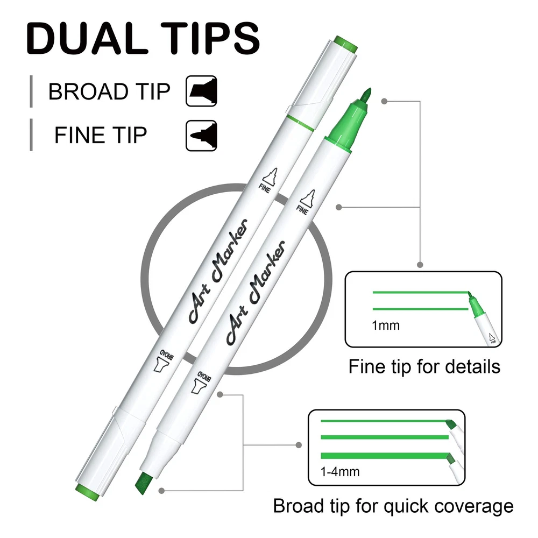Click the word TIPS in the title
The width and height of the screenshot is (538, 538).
(x=210, y=38)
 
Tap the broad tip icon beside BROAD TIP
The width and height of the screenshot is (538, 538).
(x=201, y=91)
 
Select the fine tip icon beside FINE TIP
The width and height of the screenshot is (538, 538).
(x=201, y=136)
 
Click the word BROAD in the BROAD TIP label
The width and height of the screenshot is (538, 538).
(x=88, y=91)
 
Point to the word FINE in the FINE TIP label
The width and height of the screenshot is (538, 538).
(x=79, y=135)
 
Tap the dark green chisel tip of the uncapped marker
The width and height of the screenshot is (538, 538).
(x=144, y=484)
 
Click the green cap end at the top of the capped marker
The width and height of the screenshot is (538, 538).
(x=346, y=44)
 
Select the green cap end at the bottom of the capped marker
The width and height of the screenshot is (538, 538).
(x=87, y=492)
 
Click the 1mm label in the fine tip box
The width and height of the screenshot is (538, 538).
(x=386, y=325)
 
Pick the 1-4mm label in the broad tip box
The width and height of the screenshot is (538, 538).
(x=340, y=472)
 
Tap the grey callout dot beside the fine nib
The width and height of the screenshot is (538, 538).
(x=384, y=101)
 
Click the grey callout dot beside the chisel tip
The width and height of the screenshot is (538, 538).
(x=161, y=491)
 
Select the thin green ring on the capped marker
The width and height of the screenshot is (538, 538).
(x=301, y=123)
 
